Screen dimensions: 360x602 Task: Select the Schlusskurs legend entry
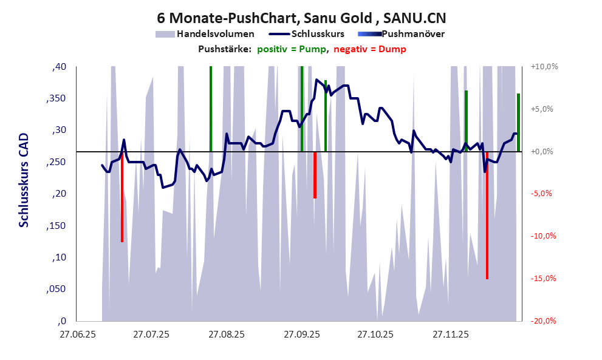coord(318,34)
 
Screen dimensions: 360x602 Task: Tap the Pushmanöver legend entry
coord(416,34)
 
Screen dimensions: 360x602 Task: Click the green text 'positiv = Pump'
coord(292,49)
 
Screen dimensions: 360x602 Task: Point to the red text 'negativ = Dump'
coord(370,49)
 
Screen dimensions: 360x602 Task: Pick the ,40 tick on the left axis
coord(58,67)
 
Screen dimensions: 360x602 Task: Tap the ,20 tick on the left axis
coord(58,194)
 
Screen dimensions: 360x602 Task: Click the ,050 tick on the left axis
coord(56,290)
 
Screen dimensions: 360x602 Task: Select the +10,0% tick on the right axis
coord(543,67)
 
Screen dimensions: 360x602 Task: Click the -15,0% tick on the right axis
coord(543,279)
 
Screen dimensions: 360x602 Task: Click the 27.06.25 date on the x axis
coord(77,335)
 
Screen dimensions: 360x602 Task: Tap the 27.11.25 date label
coord(450,335)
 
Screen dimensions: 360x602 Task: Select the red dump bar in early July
coord(122,197)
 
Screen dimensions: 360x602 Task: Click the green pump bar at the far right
coord(518,121)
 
